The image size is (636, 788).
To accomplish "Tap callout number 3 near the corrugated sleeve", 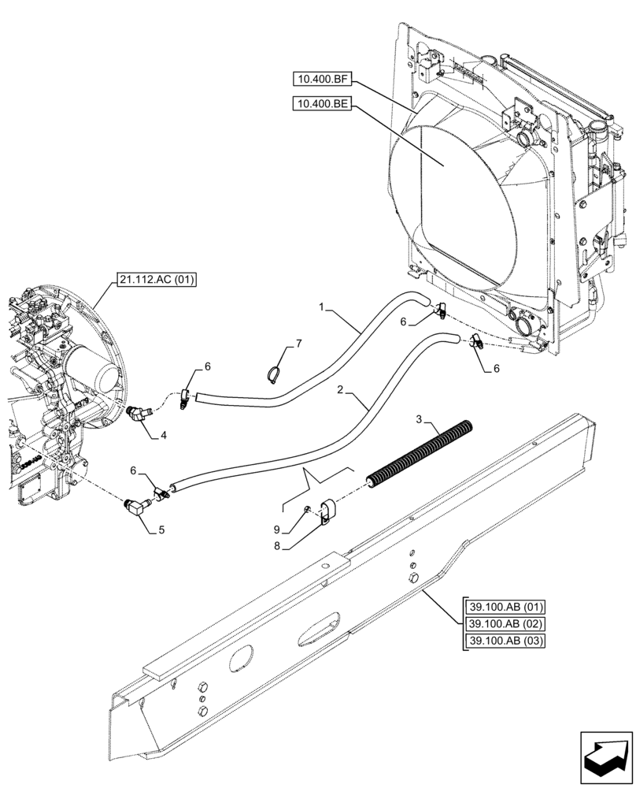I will coord(420,417).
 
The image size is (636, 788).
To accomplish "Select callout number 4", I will coord(163,434).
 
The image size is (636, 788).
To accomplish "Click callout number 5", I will coord(161,530).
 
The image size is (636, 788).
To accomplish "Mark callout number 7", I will coord(298,344).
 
